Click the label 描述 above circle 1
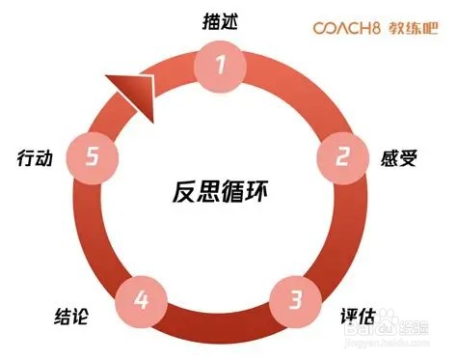(222, 19)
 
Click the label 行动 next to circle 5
(37, 155)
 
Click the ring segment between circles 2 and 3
(333, 232)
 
